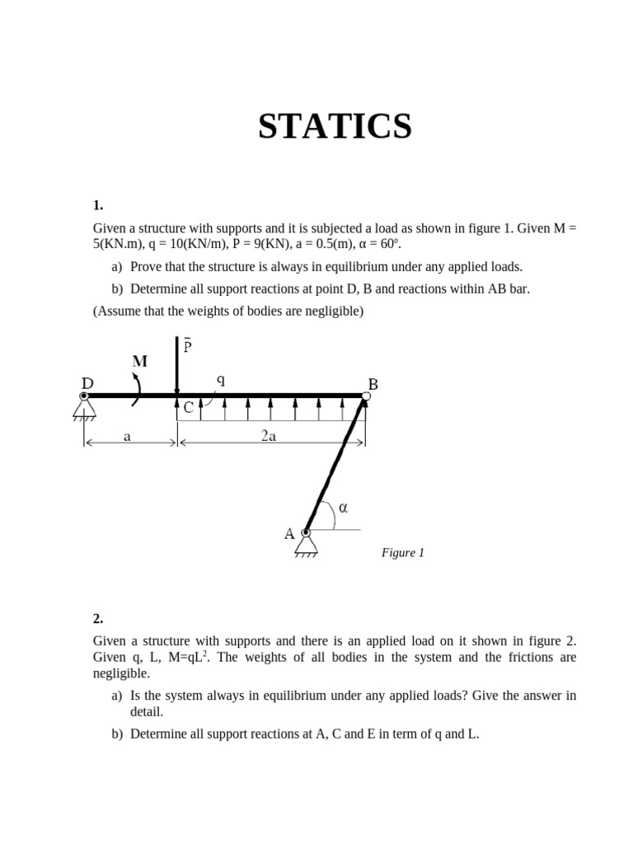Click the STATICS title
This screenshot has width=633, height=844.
[335, 127]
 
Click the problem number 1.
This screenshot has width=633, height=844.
[97, 205]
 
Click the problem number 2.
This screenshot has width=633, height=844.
[97, 618]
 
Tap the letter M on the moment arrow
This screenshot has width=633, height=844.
[139, 361]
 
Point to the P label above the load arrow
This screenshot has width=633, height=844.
[187, 346]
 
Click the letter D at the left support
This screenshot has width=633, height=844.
[87, 383]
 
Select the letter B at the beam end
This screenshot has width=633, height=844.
[373, 384]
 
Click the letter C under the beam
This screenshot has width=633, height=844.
[189, 407]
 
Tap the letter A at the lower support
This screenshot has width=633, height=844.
[289, 534]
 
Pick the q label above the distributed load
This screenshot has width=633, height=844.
[221, 380]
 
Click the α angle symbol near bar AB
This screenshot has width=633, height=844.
[343, 508]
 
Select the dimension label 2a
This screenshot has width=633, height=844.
[268, 437]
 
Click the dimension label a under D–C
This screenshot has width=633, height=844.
[127, 437]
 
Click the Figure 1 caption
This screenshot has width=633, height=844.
[402, 553]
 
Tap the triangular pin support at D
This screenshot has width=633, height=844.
[84, 408]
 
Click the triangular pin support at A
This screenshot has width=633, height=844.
[307, 544]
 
